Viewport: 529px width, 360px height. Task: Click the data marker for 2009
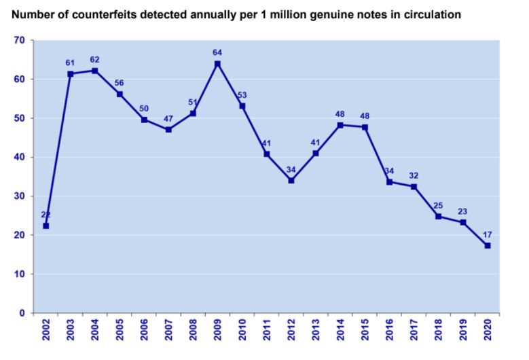[217, 64]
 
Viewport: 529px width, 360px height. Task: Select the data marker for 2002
[45, 226]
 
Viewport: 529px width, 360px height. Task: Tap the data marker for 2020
[488, 245]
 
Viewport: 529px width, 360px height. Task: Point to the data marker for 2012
[291, 181]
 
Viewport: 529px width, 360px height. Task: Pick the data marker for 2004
[94, 71]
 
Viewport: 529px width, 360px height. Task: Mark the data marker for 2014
[340, 125]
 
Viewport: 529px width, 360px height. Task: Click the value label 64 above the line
[217, 52]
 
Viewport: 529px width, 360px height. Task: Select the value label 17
[488, 234]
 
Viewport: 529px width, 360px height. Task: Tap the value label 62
[94, 60]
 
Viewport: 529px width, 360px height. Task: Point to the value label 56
[119, 83]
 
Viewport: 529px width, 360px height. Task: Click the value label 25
[439, 205]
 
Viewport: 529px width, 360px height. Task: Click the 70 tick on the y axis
[20, 41]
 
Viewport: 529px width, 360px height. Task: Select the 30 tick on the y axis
[20, 196]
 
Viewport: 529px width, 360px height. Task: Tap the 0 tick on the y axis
[22, 313]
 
